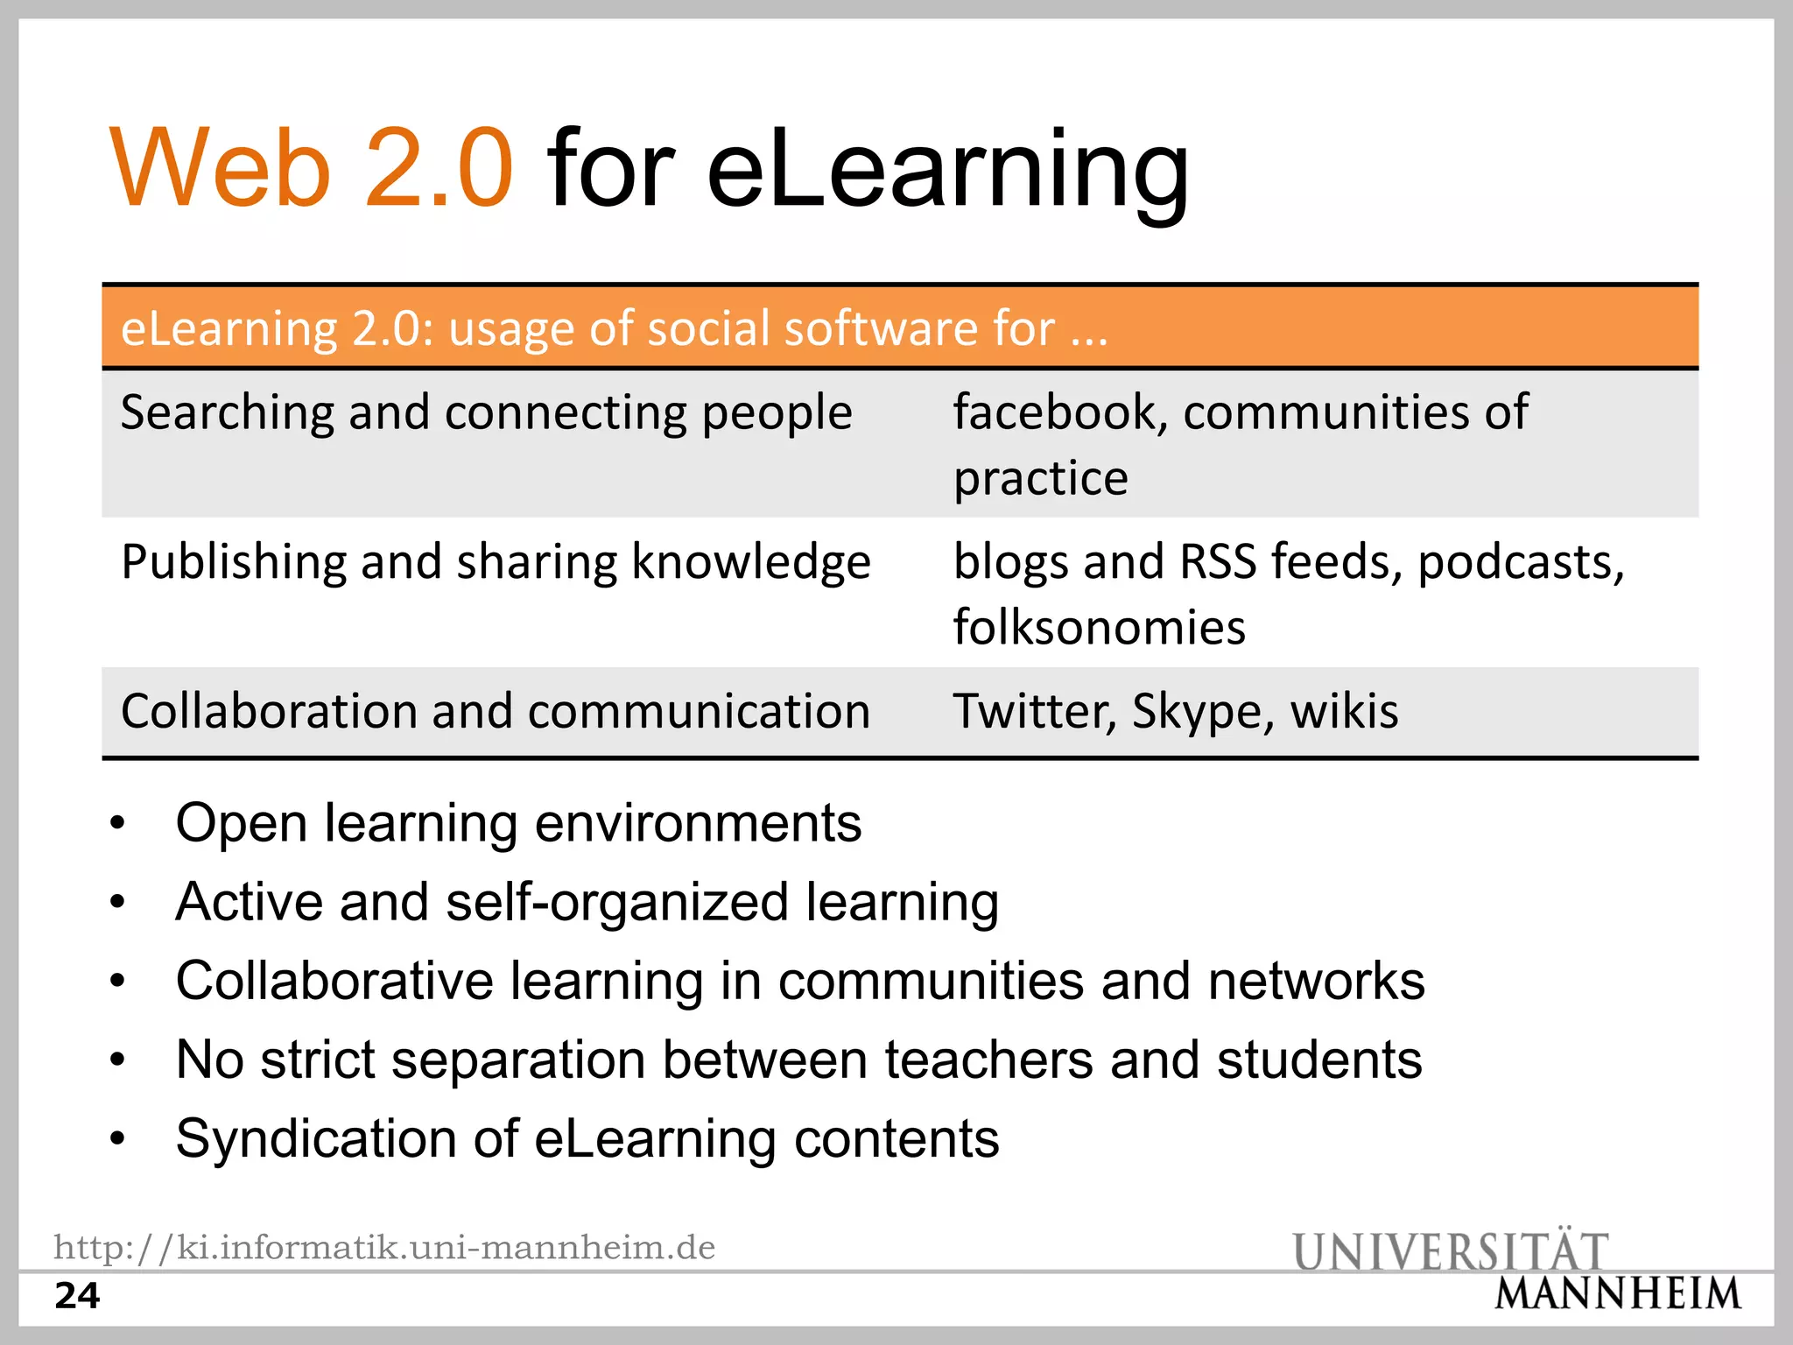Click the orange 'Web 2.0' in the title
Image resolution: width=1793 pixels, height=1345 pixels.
pos(311,168)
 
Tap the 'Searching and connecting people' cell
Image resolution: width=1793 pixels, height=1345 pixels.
pos(486,412)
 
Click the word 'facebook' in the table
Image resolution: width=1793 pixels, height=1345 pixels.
pos(1054,412)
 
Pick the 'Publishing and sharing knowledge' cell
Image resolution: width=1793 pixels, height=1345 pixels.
pos(496,561)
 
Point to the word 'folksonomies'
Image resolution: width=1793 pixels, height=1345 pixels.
pos(1099,627)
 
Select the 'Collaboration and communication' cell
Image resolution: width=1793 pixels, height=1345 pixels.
pos(496,710)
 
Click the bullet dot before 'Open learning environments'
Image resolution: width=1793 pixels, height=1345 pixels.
pos(118,824)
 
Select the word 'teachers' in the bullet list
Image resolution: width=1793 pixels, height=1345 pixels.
pos(988,1060)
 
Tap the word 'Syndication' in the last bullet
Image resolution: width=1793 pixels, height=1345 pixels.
pos(316,1139)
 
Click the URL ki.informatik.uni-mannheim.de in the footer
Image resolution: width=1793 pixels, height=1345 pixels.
pos(384,1247)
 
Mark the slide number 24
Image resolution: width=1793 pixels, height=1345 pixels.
pos(77,1296)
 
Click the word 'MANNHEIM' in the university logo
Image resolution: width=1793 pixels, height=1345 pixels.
pos(1617,1293)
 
